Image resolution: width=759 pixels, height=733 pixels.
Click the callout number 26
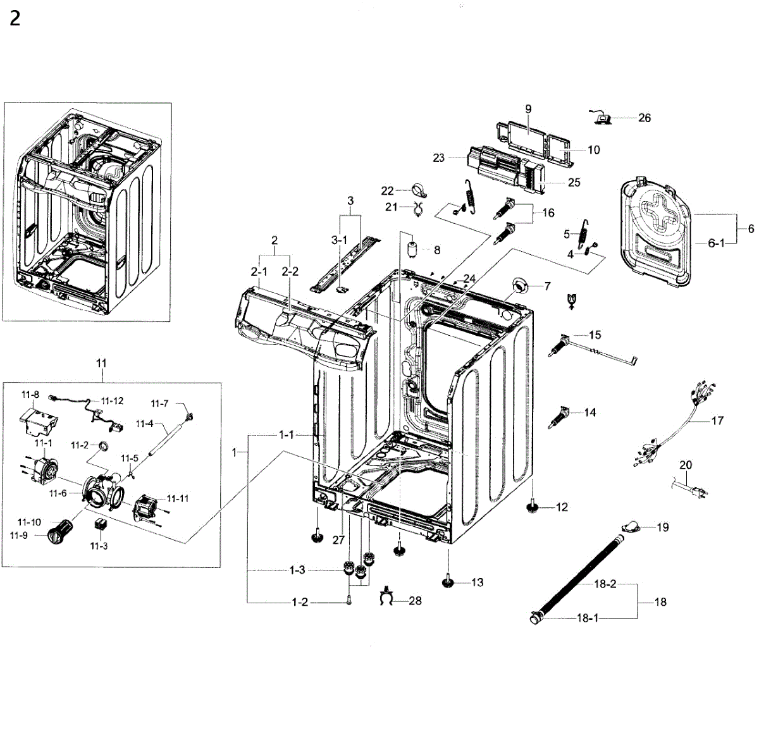point(644,118)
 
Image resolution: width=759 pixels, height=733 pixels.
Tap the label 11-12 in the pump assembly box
point(112,401)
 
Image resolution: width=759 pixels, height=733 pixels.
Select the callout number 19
point(662,527)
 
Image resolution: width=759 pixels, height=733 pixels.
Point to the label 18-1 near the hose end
point(587,618)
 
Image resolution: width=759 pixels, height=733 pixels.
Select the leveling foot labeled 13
point(448,582)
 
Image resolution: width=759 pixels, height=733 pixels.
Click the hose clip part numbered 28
point(387,597)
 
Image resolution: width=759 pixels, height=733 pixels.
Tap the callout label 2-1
point(259,271)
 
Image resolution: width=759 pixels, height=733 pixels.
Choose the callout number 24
point(469,278)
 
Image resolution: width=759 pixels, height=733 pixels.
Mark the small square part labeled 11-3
point(99,524)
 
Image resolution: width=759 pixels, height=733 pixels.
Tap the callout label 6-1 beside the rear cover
point(716,243)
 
